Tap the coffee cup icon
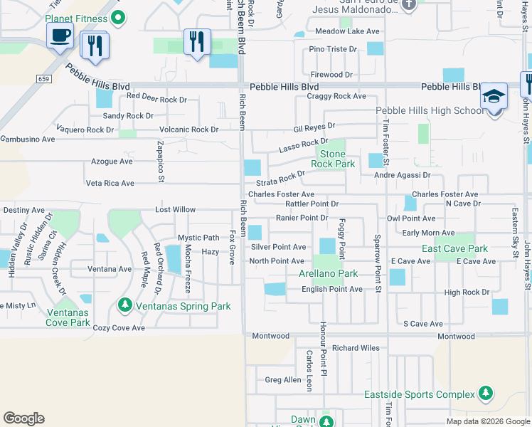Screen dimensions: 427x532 coord(60,35)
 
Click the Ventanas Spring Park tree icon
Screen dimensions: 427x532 coord(125,306)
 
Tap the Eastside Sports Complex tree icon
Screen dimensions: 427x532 coord(485,394)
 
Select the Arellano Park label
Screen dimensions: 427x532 coord(328,273)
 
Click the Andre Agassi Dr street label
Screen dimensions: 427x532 coord(402,174)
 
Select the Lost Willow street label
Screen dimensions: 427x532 coord(175,210)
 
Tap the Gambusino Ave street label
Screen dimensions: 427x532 coord(28,140)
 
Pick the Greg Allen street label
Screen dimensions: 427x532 coord(283,380)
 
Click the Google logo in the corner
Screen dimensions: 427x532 coord(23,418)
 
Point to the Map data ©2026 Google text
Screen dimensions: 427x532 coord(487,421)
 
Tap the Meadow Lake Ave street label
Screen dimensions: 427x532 coord(348,31)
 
